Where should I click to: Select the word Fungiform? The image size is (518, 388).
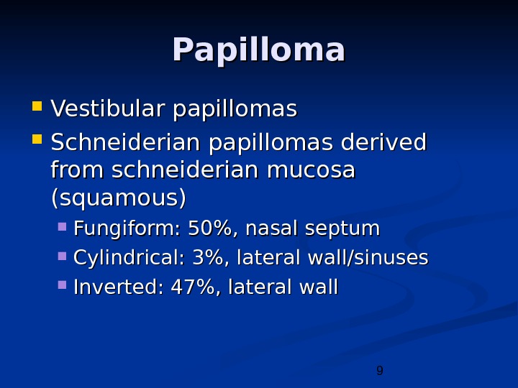[127, 229]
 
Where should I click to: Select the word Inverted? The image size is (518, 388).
[119, 287]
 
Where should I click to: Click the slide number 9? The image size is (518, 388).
[380, 371]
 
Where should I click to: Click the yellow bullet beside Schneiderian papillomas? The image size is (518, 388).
[37, 140]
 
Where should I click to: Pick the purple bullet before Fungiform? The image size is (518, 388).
[63, 228]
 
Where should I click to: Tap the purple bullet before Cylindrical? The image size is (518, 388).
[63, 257]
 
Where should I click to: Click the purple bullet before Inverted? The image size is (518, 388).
[63, 286]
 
